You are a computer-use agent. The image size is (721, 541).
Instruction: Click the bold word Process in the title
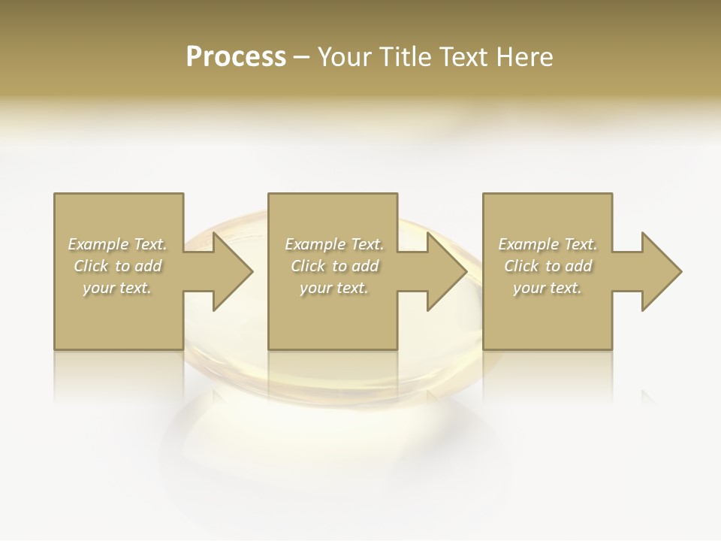pyautogui.click(x=236, y=57)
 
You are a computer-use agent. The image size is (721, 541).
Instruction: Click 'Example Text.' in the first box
pyautogui.click(x=117, y=244)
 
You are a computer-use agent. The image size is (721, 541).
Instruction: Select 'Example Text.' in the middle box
pyautogui.click(x=334, y=244)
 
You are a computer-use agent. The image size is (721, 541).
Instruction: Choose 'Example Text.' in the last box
pyautogui.click(x=548, y=244)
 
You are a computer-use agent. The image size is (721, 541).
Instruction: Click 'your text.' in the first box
pyautogui.click(x=117, y=288)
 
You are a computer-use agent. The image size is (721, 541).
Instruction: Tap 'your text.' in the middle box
pyautogui.click(x=334, y=288)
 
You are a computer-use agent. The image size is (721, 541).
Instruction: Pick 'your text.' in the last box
pyautogui.click(x=548, y=288)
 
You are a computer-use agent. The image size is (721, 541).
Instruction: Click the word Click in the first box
pyautogui.click(x=91, y=266)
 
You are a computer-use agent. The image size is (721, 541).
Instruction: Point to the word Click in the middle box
pyautogui.click(x=308, y=266)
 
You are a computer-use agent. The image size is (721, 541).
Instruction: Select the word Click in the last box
pyautogui.click(x=521, y=266)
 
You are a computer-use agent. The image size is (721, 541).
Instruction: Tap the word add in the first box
pyautogui.click(x=148, y=266)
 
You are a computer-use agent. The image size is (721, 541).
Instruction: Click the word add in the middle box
pyautogui.click(x=365, y=266)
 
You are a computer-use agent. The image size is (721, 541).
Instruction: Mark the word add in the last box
pyautogui.click(x=578, y=266)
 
